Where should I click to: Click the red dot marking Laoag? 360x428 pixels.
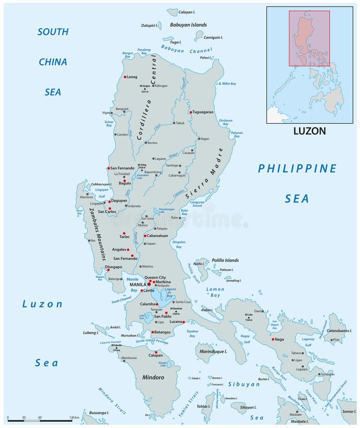(x=125, y=77)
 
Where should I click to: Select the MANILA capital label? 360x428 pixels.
(x=137, y=284)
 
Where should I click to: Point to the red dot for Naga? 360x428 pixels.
(x=273, y=339)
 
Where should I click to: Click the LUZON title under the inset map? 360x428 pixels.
(x=309, y=131)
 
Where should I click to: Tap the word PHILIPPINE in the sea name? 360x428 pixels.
(x=297, y=169)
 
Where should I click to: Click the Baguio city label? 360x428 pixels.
(x=124, y=183)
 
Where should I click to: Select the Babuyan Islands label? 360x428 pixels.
(x=188, y=25)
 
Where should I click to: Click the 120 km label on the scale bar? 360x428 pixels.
(x=74, y=417)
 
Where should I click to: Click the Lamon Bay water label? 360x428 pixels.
(x=215, y=292)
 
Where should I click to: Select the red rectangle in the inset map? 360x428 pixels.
(x=309, y=38)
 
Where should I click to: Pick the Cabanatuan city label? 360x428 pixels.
(x=163, y=236)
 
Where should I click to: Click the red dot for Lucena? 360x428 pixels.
(x=183, y=322)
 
